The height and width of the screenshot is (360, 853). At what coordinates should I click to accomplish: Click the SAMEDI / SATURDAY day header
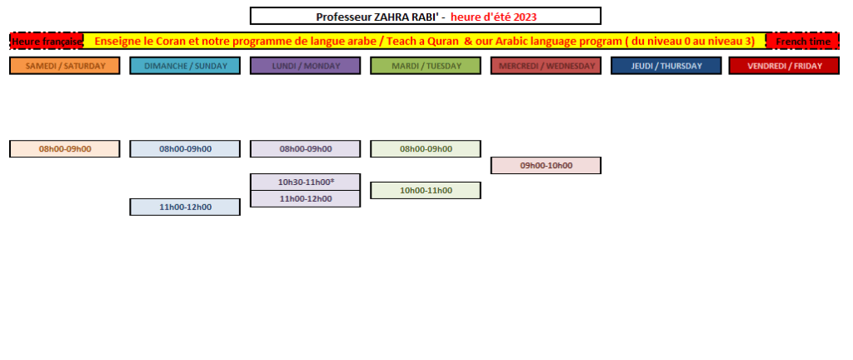pyautogui.click(x=65, y=66)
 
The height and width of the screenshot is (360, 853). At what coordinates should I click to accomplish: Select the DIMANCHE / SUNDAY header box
pyautogui.click(x=185, y=66)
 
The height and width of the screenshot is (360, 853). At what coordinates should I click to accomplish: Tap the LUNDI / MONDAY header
pyautogui.click(x=305, y=66)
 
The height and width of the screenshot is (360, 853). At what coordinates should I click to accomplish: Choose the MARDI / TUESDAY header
pyautogui.click(x=426, y=66)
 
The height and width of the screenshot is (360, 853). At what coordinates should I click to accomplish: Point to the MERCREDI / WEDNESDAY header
pyautogui.click(x=546, y=66)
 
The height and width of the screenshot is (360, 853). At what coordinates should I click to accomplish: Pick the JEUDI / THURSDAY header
pyautogui.click(x=666, y=66)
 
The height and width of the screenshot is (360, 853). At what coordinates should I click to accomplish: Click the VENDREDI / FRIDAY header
pyautogui.click(x=785, y=66)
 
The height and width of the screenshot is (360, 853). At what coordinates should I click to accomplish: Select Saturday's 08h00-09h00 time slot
pyautogui.click(x=65, y=149)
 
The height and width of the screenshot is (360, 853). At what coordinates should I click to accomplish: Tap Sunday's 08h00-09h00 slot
pyautogui.click(x=185, y=149)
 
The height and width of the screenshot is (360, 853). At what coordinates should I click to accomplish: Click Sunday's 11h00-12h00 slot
pyautogui.click(x=185, y=207)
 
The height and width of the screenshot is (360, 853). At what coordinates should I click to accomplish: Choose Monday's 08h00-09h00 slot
pyautogui.click(x=305, y=149)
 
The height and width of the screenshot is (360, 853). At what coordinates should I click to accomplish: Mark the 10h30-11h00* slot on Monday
pyautogui.click(x=305, y=182)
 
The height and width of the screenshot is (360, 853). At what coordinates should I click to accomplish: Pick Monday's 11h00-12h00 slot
pyautogui.click(x=305, y=199)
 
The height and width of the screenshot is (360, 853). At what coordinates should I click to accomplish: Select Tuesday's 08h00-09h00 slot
pyautogui.click(x=426, y=149)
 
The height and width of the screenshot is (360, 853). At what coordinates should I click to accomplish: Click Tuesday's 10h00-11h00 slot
pyautogui.click(x=426, y=190)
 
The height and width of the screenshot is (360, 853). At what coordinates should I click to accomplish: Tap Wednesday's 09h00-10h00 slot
pyautogui.click(x=546, y=165)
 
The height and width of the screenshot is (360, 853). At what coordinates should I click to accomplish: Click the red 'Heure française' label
pyautogui.click(x=47, y=42)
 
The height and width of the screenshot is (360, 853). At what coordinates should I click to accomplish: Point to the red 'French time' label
pyautogui.click(x=803, y=42)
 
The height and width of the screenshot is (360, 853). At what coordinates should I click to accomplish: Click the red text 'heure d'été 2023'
pyautogui.click(x=493, y=17)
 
